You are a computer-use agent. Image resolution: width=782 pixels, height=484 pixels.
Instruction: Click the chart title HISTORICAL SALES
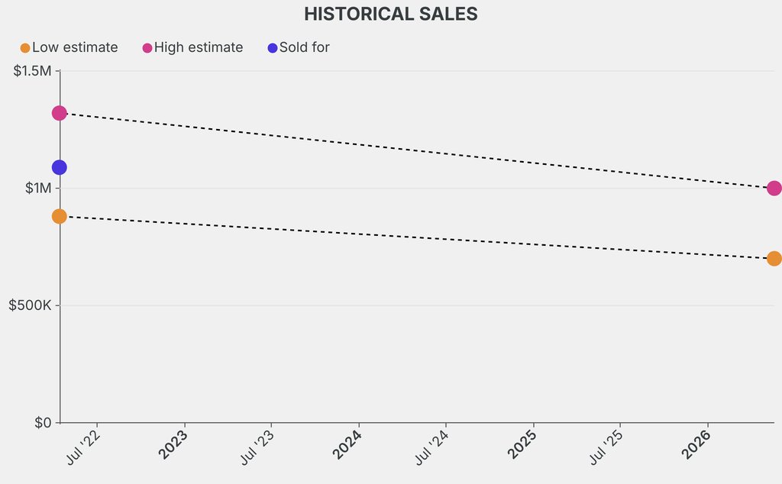(x=390, y=14)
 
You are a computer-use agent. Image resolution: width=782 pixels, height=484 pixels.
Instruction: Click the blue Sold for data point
(x=59, y=167)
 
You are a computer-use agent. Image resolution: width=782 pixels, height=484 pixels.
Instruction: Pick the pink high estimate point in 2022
(x=59, y=113)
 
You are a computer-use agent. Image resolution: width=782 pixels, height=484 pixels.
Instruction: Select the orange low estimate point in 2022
(x=59, y=216)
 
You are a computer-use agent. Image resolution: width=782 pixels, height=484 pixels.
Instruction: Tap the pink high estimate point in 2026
(x=774, y=188)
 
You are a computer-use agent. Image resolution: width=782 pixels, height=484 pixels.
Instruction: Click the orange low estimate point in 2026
(x=774, y=258)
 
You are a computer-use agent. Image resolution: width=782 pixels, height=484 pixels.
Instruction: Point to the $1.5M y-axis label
(x=32, y=71)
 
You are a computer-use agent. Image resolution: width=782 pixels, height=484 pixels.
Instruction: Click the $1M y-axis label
(x=37, y=188)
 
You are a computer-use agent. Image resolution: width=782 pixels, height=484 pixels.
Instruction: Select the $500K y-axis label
(x=30, y=305)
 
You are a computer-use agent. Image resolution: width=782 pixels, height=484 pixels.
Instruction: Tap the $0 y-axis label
(x=43, y=422)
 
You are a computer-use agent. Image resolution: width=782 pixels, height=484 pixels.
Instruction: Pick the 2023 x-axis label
(x=174, y=445)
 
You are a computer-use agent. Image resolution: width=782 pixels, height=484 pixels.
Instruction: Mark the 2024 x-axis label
(x=348, y=445)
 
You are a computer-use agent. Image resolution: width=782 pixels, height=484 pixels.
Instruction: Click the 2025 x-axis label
(x=522, y=445)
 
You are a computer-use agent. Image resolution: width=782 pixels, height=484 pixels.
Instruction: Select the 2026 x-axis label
(x=696, y=445)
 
